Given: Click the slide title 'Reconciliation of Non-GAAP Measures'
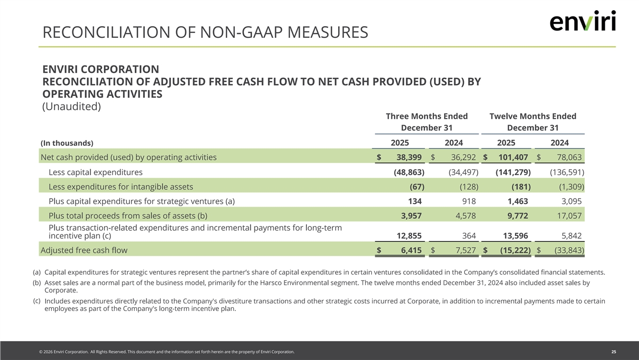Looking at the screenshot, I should (x=205, y=33).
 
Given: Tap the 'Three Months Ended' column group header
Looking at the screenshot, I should (x=427, y=116).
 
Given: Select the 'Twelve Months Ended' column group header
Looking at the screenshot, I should (x=532, y=116).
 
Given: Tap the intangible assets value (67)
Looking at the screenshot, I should (x=416, y=186).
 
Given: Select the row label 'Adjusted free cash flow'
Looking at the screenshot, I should (x=84, y=250).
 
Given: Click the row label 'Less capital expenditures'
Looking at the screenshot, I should (x=95, y=172).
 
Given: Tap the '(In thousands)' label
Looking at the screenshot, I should (x=67, y=143).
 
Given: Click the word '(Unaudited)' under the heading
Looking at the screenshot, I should (x=71, y=107).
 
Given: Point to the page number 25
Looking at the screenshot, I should (x=613, y=352).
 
